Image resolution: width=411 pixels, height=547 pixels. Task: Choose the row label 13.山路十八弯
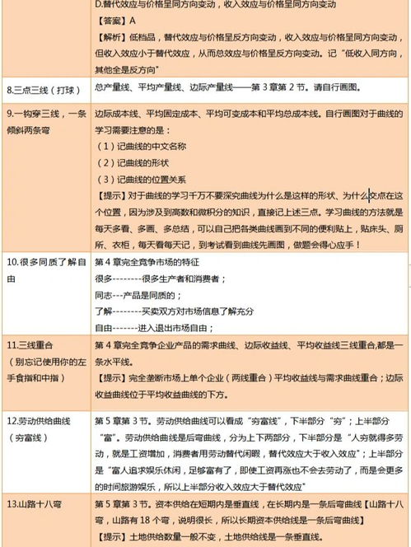pyautogui.click(x=37, y=504)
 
